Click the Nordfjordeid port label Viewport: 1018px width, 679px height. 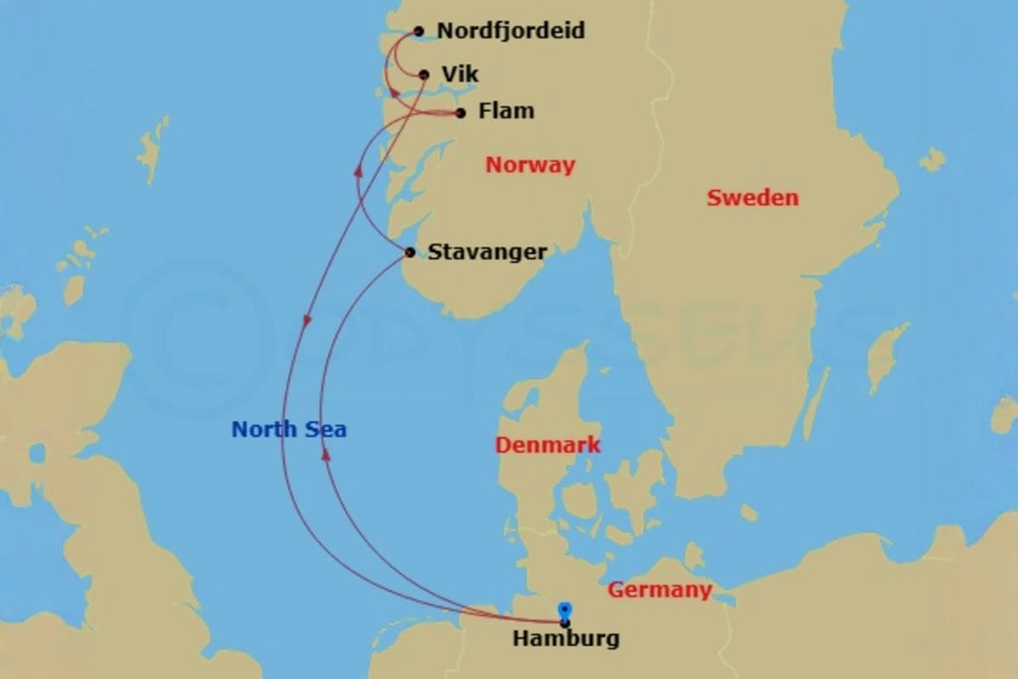pyautogui.click(x=510, y=31)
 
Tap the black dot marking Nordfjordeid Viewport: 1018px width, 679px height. pyautogui.click(x=418, y=31)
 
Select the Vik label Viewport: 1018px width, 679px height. pyautogui.click(x=460, y=75)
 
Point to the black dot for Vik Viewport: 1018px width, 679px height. pyautogui.click(x=424, y=75)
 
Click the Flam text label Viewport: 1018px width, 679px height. pyautogui.click(x=506, y=111)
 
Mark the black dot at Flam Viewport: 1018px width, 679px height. pyautogui.click(x=461, y=113)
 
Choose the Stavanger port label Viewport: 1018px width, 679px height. pyautogui.click(x=487, y=252)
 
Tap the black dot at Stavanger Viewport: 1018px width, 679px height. pyautogui.click(x=411, y=252)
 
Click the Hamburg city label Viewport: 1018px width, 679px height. pyautogui.click(x=565, y=638)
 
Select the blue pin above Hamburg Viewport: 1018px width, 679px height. pyautogui.click(x=565, y=610)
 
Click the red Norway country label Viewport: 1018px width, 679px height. pyautogui.click(x=529, y=166)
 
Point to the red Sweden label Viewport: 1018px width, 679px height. pyautogui.click(x=752, y=198)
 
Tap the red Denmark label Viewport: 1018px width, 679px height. pyautogui.click(x=547, y=445)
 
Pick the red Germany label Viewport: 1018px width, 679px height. pyautogui.click(x=659, y=589)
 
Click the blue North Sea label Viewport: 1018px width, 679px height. pyautogui.click(x=288, y=429)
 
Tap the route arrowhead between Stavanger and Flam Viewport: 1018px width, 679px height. pyautogui.click(x=358, y=171)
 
